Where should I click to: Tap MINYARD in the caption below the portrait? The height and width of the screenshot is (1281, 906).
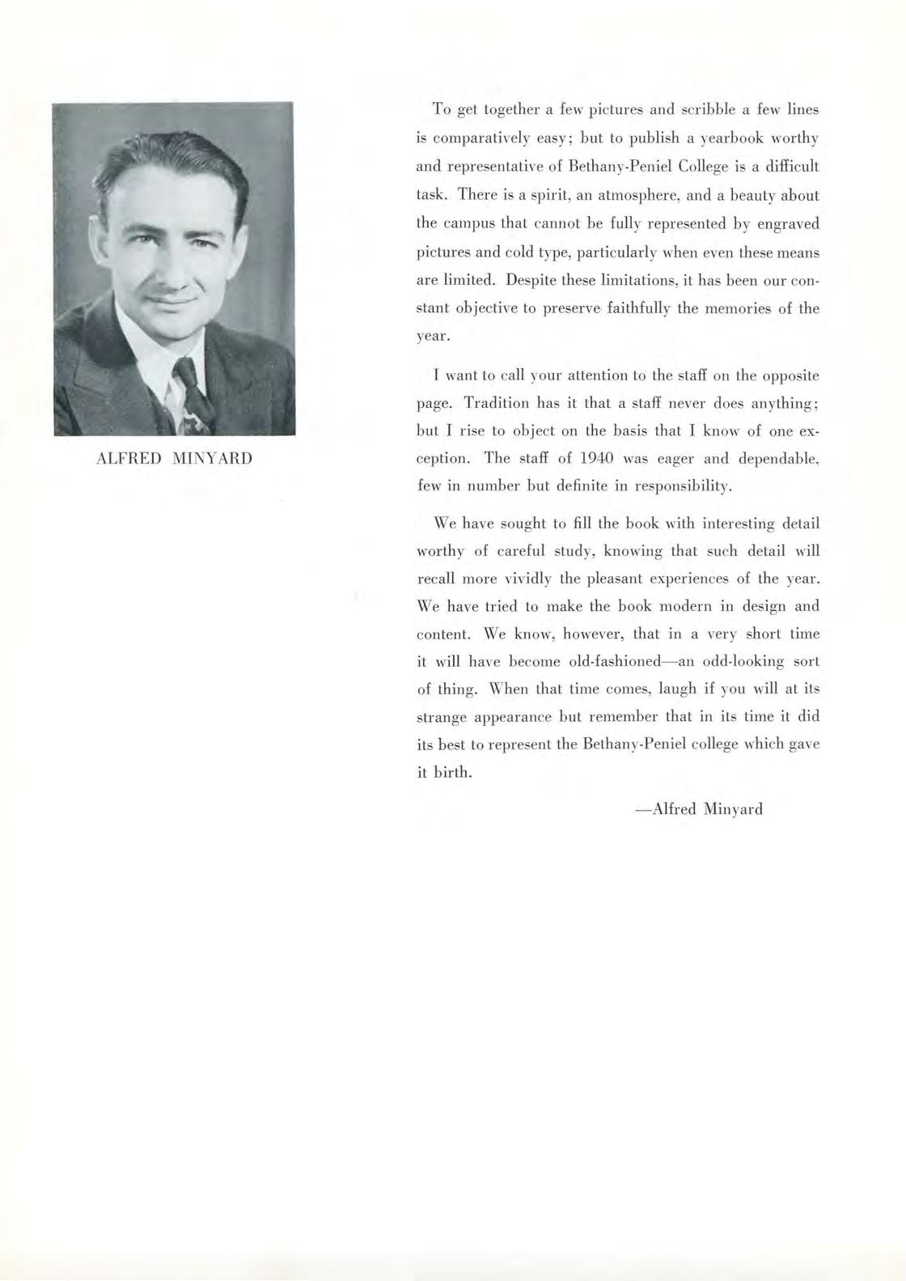click(x=212, y=459)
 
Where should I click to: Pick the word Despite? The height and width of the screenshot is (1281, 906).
click(x=531, y=280)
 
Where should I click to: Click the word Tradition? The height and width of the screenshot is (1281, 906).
click(x=497, y=403)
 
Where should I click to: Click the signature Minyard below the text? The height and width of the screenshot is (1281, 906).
click(x=734, y=808)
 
